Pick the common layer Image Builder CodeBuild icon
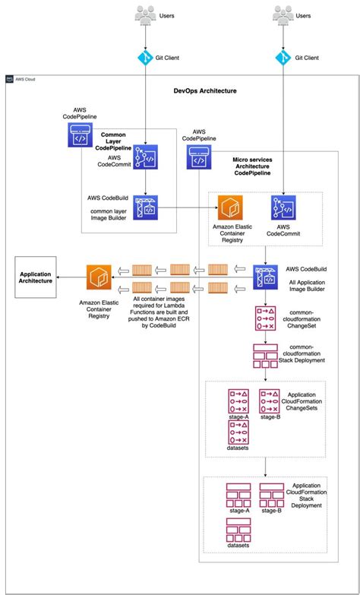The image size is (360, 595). [x=145, y=207]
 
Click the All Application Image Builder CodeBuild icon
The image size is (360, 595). [x=265, y=280]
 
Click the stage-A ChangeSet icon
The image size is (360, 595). [x=239, y=400]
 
